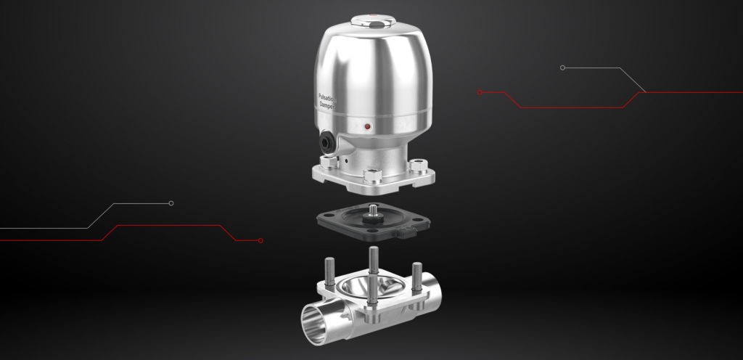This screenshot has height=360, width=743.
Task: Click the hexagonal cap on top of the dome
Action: [372, 22]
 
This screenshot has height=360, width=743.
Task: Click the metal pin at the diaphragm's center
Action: [373, 210]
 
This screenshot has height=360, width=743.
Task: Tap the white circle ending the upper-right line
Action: [562, 67]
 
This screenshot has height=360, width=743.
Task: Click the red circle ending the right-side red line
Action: [480, 92]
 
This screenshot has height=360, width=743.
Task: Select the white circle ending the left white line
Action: [171, 203]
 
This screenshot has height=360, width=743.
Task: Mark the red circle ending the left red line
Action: [260, 240]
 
